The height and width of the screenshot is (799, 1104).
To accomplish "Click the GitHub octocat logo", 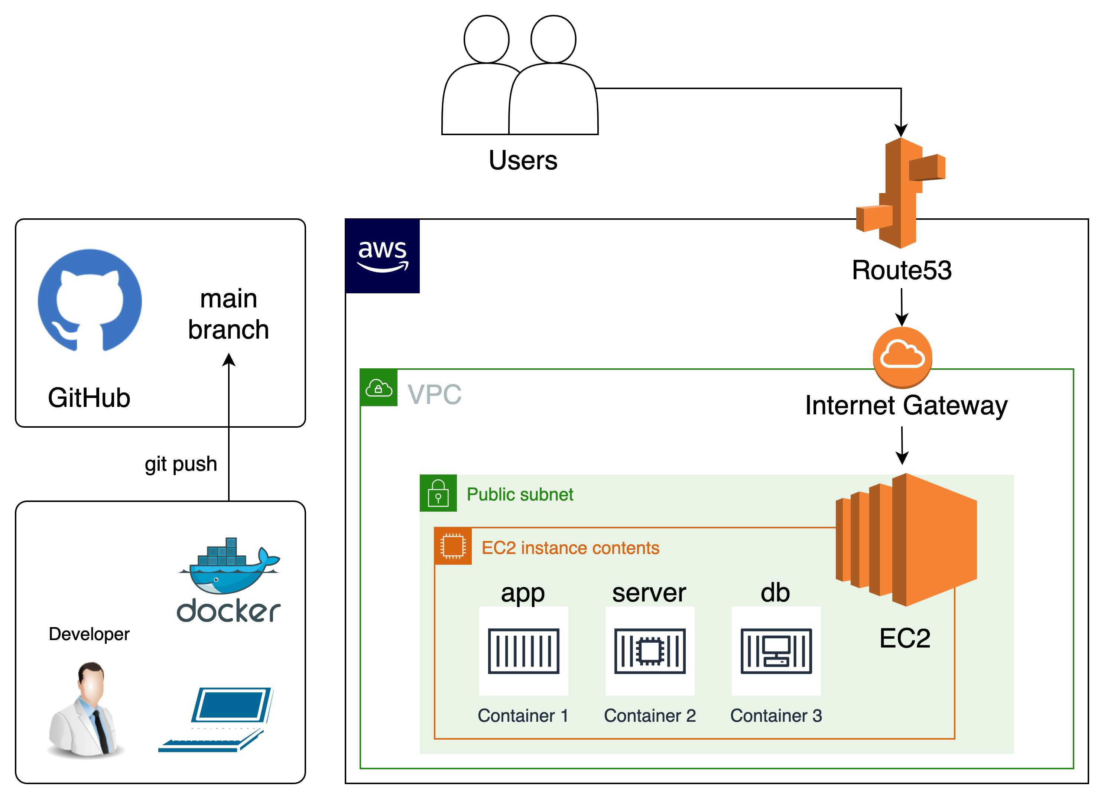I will pos(90,300).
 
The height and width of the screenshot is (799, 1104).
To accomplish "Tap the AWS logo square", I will pos(383,256).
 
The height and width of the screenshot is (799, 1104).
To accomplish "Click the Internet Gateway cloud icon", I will pos(902,357).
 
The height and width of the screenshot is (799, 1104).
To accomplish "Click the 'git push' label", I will pos(181,464).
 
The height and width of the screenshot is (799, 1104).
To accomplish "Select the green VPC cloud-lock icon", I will pos(379,388).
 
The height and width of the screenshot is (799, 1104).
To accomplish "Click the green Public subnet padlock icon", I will pos(438,493).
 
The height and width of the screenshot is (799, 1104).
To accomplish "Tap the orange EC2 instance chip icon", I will pos(453,546).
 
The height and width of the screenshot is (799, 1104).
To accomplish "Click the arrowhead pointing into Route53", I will pos(901,130).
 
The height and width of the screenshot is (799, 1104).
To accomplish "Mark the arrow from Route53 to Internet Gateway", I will pos(902,307).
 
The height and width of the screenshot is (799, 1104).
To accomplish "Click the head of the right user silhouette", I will pos(553,39).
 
